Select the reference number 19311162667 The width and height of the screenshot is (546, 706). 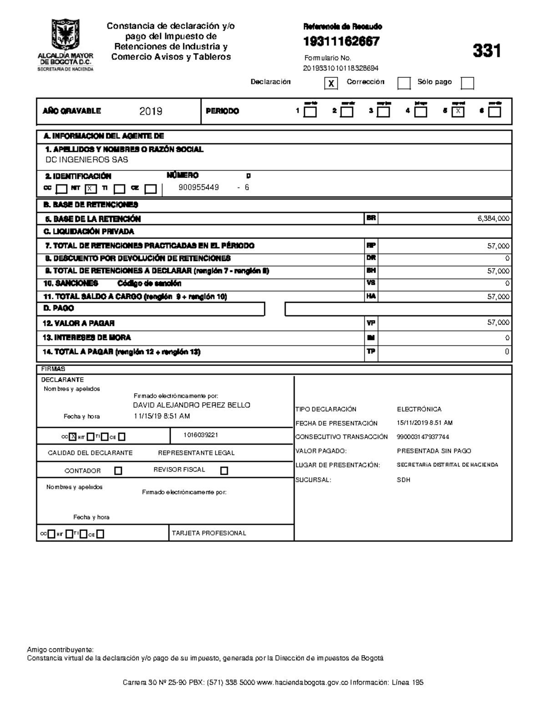(x=341, y=42)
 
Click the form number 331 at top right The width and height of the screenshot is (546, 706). (x=486, y=51)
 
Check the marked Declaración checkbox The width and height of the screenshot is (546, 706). (x=331, y=84)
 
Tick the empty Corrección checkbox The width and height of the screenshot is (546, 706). (x=404, y=83)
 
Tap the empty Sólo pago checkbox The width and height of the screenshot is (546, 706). (x=467, y=83)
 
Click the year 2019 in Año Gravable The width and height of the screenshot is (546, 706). (x=151, y=111)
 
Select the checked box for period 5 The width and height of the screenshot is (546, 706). (x=458, y=112)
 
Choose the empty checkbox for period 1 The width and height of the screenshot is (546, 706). (x=310, y=112)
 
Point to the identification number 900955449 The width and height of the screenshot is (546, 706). (x=198, y=187)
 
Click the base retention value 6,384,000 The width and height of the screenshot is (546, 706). (x=493, y=219)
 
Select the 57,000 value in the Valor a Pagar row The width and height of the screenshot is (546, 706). (x=498, y=323)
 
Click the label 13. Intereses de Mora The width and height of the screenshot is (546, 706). (x=86, y=338)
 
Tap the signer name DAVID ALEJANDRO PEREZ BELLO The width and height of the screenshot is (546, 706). (x=191, y=405)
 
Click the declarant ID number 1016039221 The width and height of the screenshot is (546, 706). (x=201, y=435)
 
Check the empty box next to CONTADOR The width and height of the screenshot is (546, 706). (x=118, y=471)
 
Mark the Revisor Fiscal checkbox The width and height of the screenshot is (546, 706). (x=224, y=471)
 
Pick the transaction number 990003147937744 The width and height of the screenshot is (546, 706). (x=423, y=437)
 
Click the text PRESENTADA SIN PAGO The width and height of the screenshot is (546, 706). (x=434, y=451)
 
